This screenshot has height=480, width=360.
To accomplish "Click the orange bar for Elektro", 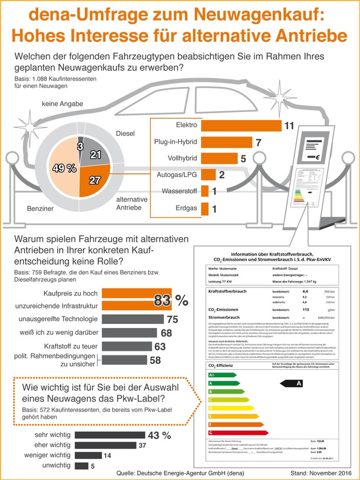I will pos(241,124).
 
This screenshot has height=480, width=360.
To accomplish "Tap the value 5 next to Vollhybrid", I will pos(243,158).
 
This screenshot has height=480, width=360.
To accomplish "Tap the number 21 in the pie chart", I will pos(95,155).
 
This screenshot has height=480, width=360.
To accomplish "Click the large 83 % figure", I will pos(171,299).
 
